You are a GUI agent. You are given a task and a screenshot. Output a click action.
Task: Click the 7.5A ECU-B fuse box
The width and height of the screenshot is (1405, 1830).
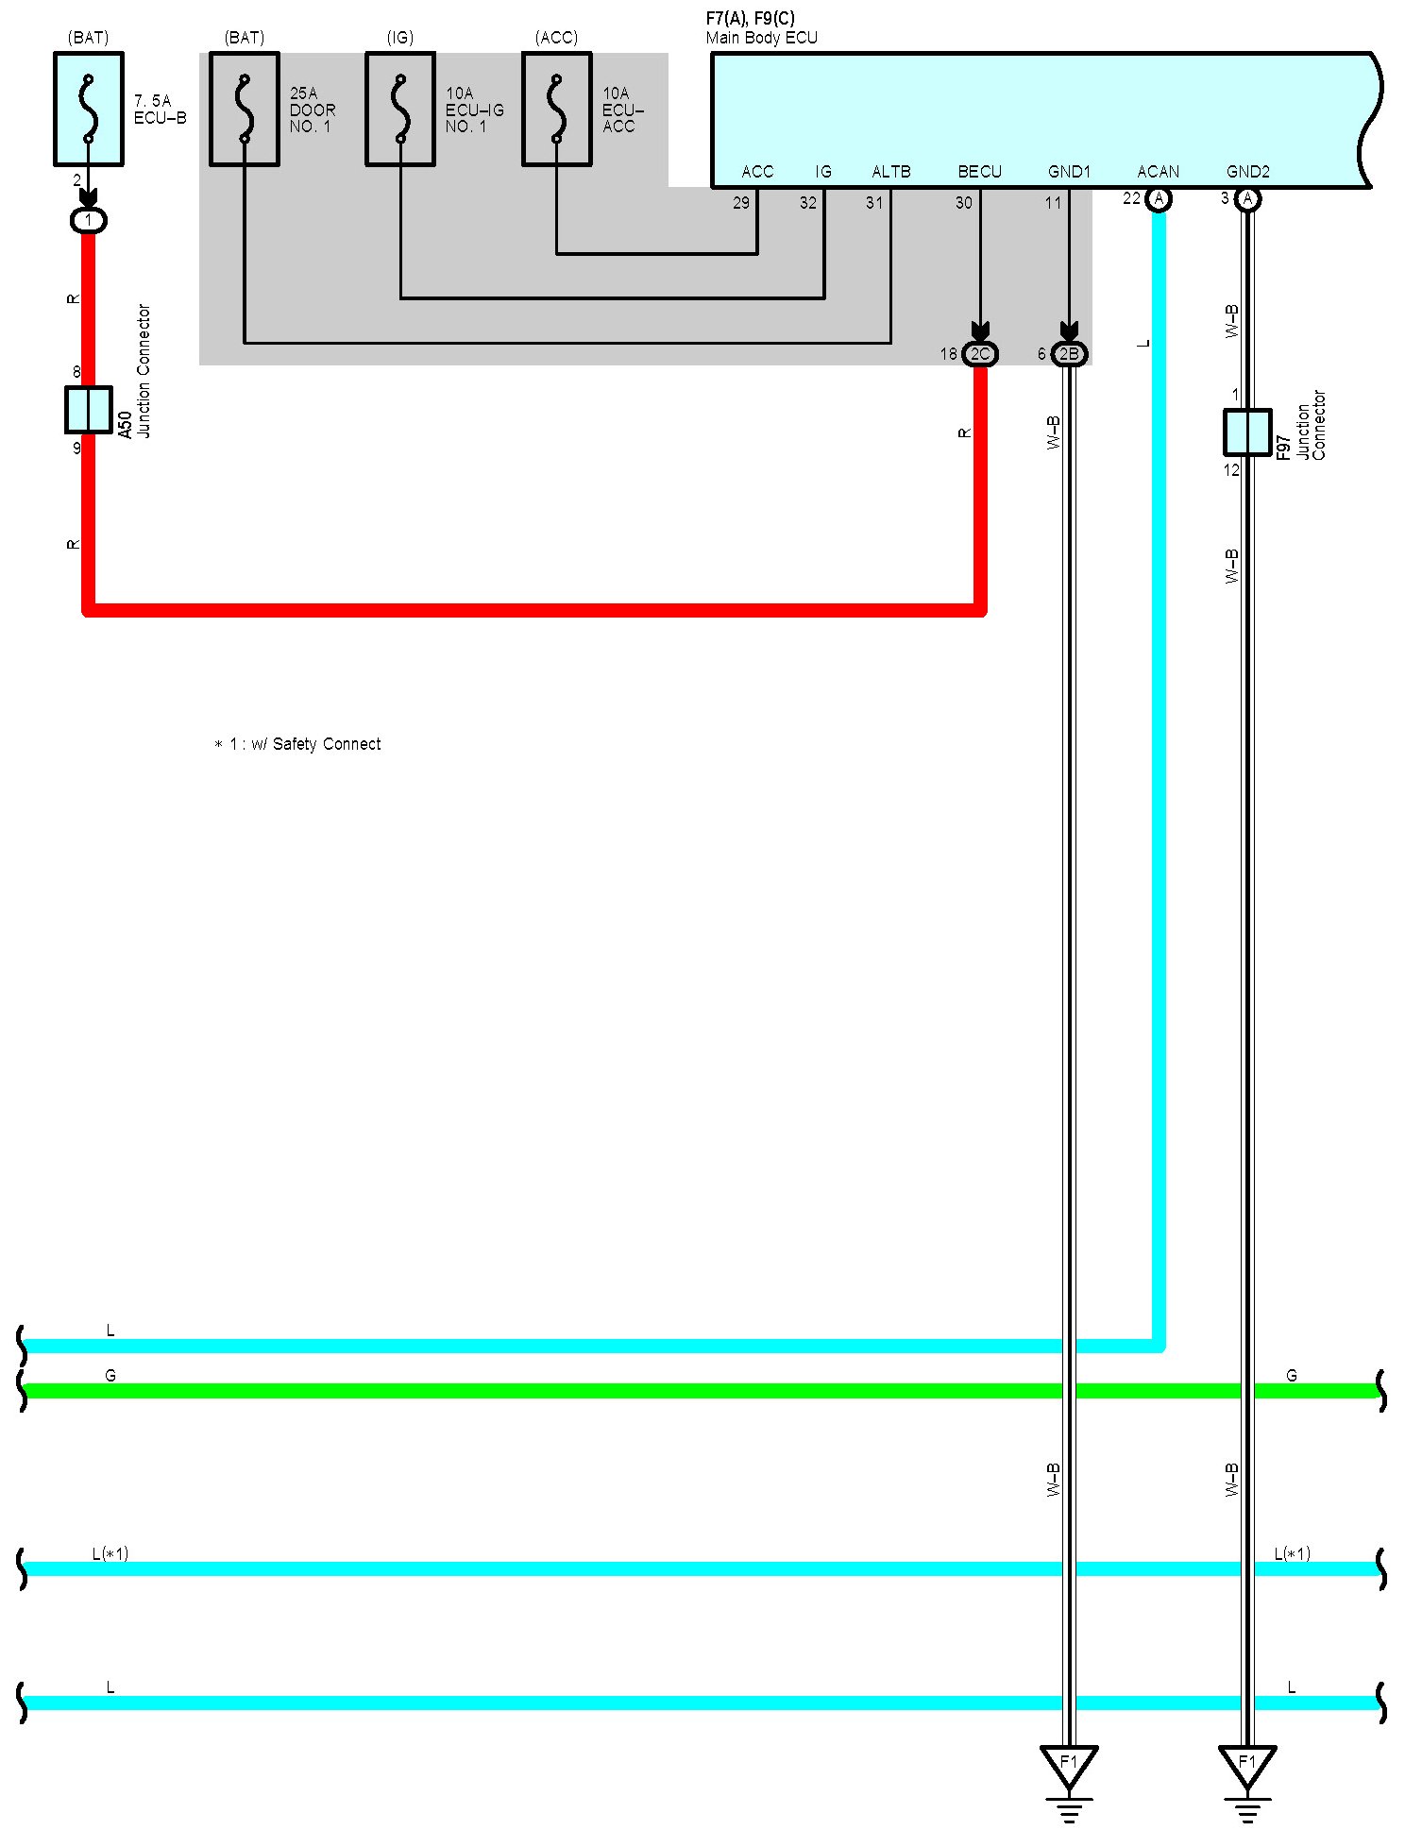pos(89,109)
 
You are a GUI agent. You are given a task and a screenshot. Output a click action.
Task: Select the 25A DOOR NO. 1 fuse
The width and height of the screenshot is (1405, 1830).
pos(245,109)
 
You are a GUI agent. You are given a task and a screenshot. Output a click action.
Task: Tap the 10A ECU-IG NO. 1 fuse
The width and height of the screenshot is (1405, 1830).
pos(400,109)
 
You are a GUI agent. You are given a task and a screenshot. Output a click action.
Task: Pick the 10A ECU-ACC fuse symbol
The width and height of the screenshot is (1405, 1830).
pos(557,109)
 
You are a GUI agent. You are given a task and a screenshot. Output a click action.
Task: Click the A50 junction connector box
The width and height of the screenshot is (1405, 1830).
pos(89,410)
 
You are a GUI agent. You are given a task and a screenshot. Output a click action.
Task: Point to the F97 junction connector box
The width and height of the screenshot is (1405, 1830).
pos(1247,432)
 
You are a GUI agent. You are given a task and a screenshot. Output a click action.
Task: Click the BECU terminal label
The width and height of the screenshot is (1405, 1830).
pos(979,172)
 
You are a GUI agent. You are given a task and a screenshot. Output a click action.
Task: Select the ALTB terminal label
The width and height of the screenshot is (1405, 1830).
pos(890,172)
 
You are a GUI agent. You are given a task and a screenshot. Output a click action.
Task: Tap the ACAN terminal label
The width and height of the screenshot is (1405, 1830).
pos(1158,172)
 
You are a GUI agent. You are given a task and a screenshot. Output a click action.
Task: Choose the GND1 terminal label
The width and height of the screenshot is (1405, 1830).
pos(1069,172)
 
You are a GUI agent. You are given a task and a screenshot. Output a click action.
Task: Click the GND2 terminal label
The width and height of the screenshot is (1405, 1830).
pos(1247,172)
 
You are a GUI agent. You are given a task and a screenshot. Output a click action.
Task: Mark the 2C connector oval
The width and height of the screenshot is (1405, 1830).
pos(980,354)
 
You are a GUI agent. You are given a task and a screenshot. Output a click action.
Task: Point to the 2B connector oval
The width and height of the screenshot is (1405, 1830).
pos(1069,354)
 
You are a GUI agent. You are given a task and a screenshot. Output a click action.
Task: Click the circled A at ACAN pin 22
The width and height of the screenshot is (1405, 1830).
pos(1159,199)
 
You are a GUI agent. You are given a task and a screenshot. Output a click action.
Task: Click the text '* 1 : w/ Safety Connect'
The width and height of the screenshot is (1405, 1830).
pos(297,744)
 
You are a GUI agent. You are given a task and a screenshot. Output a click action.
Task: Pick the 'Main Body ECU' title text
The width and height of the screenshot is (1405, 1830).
pos(761,38)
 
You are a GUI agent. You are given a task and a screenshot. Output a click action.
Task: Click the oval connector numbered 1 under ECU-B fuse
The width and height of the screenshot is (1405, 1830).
pos(89,221)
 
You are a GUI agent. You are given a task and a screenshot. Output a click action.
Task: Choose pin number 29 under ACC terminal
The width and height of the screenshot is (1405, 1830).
pos(741,203)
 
